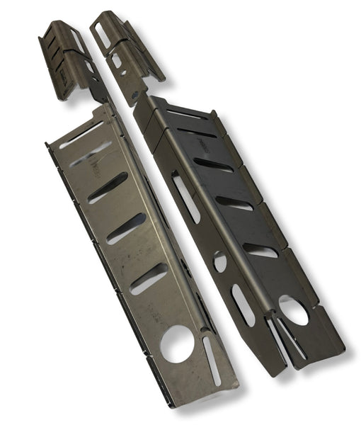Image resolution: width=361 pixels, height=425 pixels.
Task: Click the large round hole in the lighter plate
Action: pos(176,344)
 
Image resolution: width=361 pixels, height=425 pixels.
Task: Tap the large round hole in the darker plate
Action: pos(293,310)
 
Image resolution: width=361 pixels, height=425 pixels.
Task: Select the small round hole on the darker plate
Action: pos(220,261)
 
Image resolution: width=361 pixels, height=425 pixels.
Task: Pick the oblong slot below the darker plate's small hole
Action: pos(243,305)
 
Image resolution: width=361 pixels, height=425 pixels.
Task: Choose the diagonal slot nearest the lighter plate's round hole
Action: pos(149,278)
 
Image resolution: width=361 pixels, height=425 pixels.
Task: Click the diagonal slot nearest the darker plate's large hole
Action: pos(260,250)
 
